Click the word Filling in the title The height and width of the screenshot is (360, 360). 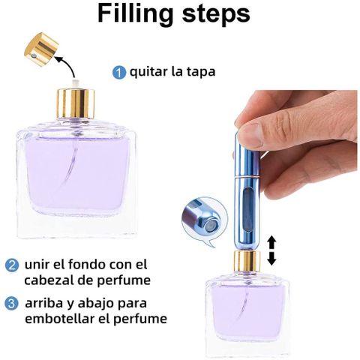pos(135,13)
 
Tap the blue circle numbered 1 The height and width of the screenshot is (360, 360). pos(118,73)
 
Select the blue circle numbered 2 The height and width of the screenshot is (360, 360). pos(12,265)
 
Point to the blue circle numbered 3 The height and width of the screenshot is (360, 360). pos(11,304)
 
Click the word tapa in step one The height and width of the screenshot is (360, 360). pos(201,72)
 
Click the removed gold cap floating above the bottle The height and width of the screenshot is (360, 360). pos(41,49)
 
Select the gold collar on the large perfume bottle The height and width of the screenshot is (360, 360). pos(76,103)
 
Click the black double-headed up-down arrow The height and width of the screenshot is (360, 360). pos(271,251)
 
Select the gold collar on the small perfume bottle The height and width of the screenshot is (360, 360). pos(247,262)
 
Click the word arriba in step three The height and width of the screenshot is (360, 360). pos(44,303)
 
